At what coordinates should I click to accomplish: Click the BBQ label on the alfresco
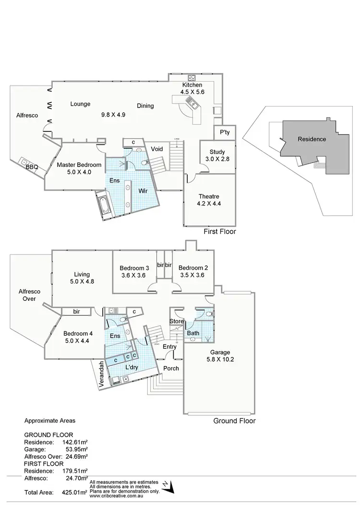click(x=32, y=167)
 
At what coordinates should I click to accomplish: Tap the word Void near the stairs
click(x=157, y=149)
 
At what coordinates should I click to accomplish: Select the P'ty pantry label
click(x=224, y=132)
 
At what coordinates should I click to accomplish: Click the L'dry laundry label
click(x=132, y=367)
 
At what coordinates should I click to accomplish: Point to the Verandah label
click(x=101, y=375)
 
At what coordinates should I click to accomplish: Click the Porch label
click(x=171, y=368)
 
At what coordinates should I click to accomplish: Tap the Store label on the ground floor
click(x=176, y=321)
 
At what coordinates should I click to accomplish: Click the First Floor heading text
click(x=220, y=231)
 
